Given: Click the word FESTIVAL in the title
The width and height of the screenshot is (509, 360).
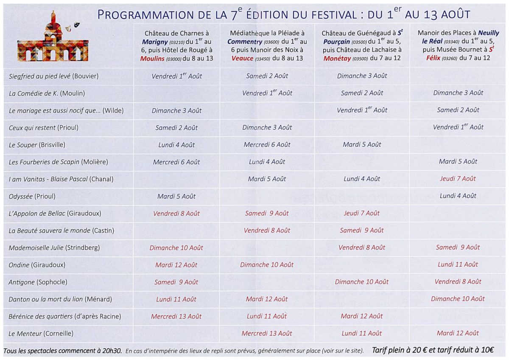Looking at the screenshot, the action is (334, 15).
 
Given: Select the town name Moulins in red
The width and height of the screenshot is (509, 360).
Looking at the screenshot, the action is (152, 59).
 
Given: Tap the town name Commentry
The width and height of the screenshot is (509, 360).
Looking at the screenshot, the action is (245, 42).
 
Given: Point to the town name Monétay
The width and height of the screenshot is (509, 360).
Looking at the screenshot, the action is (337, 59).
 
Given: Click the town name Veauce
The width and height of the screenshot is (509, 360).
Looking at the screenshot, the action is (243, 59).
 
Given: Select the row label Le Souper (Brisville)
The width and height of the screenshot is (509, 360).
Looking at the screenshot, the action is (37, 145).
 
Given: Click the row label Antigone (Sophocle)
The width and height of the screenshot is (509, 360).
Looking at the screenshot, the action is (38, 282).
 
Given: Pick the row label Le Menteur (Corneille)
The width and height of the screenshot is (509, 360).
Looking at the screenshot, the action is (41, 334).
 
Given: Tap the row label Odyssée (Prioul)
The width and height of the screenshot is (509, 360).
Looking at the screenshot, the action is (32, 196).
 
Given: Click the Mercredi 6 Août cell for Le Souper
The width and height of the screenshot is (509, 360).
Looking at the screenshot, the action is (267, 145).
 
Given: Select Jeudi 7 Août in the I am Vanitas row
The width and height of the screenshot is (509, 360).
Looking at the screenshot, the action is (458, 179).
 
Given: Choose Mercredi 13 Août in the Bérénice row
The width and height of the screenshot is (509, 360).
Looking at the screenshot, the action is (176, 317).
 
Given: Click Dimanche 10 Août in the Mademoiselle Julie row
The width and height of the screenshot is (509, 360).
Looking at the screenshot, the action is (176, 248).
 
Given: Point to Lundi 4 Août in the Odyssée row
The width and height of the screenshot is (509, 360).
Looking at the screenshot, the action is (458, 196).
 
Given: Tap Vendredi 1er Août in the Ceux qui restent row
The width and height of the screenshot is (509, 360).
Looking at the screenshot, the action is (458, 127).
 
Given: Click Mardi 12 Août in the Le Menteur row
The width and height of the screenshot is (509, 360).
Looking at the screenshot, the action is (458, 333).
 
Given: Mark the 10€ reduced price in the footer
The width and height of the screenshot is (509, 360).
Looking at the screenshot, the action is (487, 350).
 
